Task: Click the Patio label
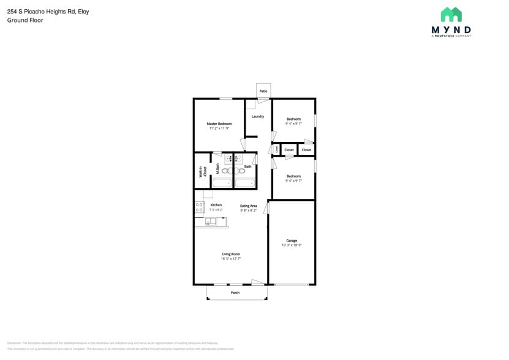point(263,91)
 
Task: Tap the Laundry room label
point(258,116)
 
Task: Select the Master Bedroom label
point(219,124)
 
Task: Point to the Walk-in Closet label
point(202,172)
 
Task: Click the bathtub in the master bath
point(222,182)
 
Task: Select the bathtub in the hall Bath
point(245,182)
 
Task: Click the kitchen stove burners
point(199,208)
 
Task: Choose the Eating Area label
point(248,206)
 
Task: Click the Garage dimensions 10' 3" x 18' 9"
point(292,245)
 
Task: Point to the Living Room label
point(231,254)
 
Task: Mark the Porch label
point(235,293)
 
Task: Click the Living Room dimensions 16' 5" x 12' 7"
point(231,259)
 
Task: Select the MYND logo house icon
point(451,15)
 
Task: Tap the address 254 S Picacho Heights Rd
point(41,11)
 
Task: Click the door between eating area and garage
point(267,209)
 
